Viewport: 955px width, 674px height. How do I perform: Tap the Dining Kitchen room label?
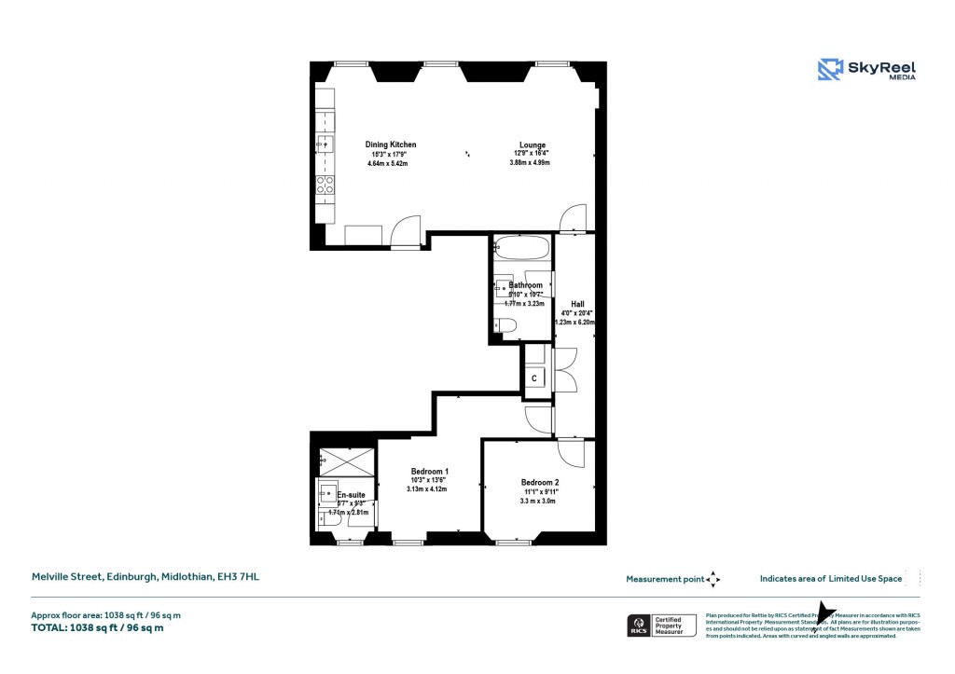pyautogui.click(x=390, y=144)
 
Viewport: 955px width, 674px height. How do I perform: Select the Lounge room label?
pyautogui.click(x=533, y=144)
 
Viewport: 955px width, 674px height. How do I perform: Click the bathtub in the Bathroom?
pyautogui.click(x=522, y=248)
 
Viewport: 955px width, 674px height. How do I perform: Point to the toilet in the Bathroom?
pyautogui.click(x=505, y=325)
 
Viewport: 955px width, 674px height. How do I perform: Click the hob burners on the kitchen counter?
pyautogui.click(x=325, y=185)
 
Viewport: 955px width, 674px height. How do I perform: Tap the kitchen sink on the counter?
pyautogui.click(x=324, y=143)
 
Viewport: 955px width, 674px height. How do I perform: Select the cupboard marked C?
pyautogui.click(x=533, y=378)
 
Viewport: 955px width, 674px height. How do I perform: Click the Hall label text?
pyautogui.click(x=577, y=303)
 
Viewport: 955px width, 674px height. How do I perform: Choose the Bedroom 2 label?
pyautogui.click(x=541, y=482)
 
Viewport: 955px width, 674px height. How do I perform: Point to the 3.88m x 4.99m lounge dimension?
pyautogui.click(x=530, y=163)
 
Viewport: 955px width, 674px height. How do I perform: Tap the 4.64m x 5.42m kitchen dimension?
pyautogui.click(x=388, y=163)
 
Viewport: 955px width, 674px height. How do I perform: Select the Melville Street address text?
pyautogui.click(x=145, y=578)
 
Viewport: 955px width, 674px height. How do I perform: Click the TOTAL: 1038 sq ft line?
pyautogui.click(x=98, y=628)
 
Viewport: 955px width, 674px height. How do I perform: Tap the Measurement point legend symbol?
pyautogui.click(x=713, y=579)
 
